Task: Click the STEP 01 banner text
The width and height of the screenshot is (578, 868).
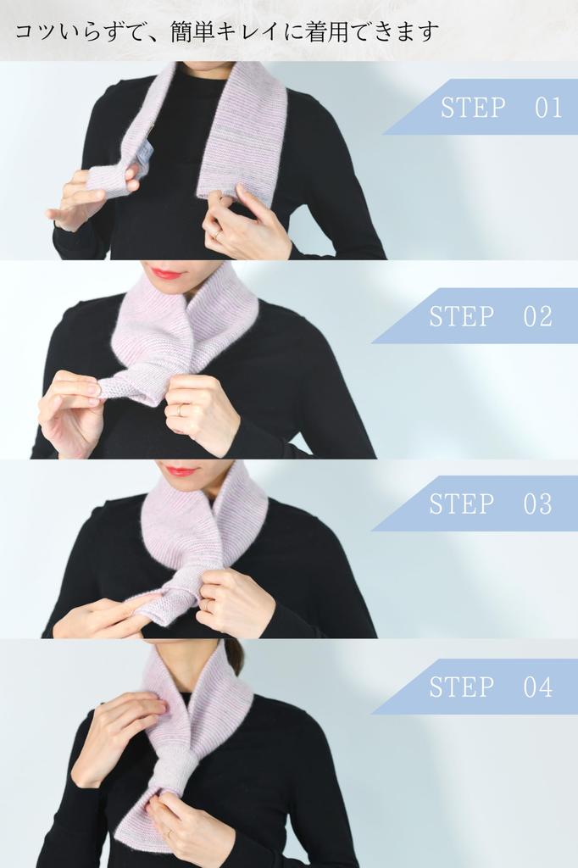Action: [x=501, y=108]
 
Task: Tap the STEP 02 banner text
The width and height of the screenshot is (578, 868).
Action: [x=490, y=316]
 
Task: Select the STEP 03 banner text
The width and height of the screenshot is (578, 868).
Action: [x=490, y=504]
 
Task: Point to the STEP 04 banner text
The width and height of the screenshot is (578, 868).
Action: [x=490, y=687]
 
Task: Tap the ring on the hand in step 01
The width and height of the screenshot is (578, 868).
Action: [x=217, y=232]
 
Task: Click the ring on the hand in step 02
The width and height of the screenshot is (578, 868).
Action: [x=180, y=409]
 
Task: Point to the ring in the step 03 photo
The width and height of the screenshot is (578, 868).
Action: [x=207, y=604]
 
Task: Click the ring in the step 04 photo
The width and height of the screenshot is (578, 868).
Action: [x=168, y=832]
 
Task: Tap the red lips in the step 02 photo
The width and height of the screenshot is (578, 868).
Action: [x=167, y=272]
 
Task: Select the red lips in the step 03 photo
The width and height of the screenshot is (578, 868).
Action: [x=180, y=470]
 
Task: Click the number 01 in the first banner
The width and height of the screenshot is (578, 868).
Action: [x=548, y=108]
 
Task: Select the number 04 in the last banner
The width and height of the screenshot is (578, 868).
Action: [x=537, y=687]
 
